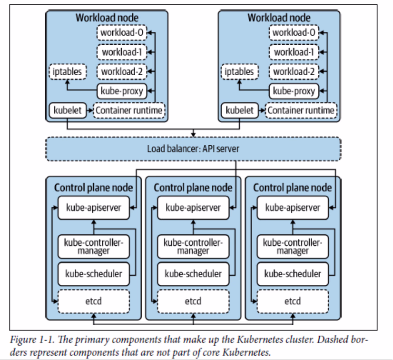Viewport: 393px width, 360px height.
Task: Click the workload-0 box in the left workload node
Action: point(121,33)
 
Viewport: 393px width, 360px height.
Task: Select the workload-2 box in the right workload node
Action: point(294,72)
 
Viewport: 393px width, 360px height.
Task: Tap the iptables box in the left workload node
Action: point(67,72)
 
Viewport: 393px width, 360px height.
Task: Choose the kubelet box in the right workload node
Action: point(239,110)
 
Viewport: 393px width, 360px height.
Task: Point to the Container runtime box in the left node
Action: point(129,110)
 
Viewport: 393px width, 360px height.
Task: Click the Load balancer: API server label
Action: point(193,149)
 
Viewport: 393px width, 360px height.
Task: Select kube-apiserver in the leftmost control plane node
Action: point(93,208)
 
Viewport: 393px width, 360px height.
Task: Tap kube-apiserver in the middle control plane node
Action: point(193,208)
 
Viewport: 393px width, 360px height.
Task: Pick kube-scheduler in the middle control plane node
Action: point(193,274)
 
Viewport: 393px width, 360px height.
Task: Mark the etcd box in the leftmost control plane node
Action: point(93,301)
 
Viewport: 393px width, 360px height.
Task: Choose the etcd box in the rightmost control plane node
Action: point(292,301)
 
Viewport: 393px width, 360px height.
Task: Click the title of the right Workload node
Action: point(279,18)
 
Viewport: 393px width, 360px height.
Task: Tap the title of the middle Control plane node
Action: point(193,187)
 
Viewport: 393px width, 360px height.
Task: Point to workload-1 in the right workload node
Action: point(294,52)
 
